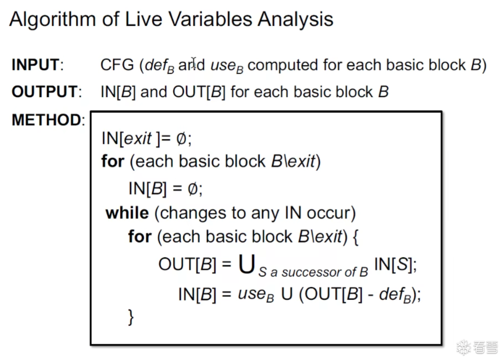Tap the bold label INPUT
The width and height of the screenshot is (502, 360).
tap(36, 65)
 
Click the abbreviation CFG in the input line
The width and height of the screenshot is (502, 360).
tap(117, 65)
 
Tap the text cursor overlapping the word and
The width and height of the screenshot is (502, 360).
tap(194, 63)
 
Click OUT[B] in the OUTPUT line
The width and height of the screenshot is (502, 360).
tap(199, 92)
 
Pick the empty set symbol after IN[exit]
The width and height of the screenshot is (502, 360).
tap(181, 138)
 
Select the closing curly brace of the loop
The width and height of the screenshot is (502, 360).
tap(131, 317)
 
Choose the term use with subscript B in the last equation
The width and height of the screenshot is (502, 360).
tap(256, 295)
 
